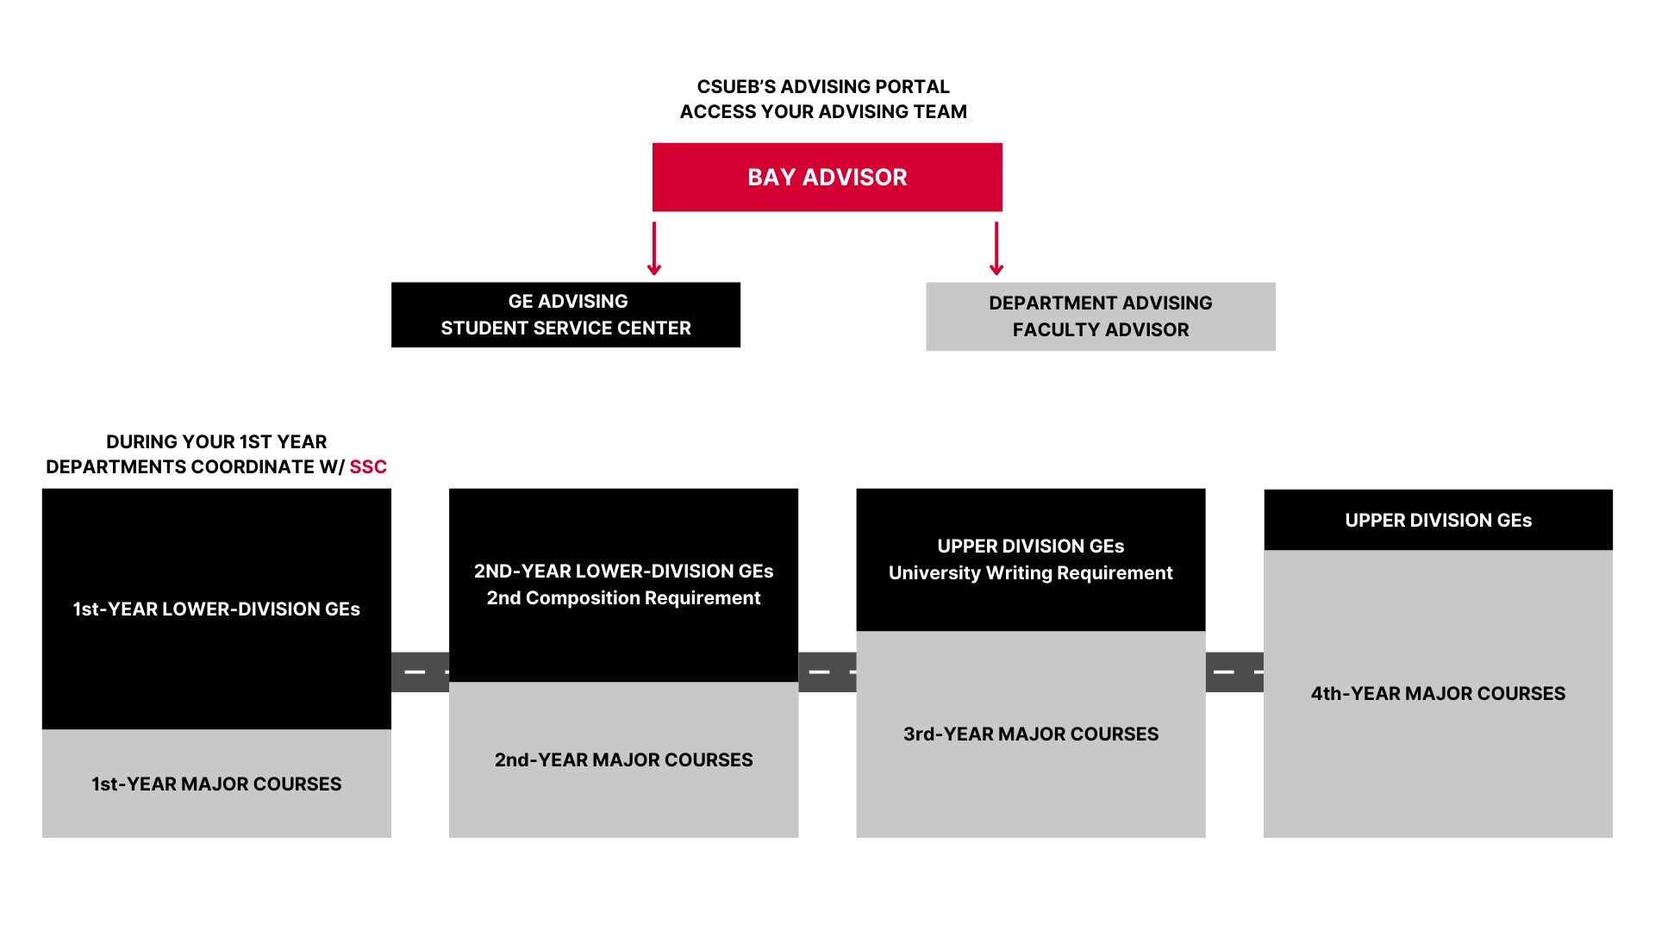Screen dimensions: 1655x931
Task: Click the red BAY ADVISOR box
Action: tap(827, 177)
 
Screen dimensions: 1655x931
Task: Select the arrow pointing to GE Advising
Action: tap(654, 248)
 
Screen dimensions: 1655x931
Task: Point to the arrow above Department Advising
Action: tap(996, 248)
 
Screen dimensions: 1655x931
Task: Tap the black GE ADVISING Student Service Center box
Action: tap(565, 315)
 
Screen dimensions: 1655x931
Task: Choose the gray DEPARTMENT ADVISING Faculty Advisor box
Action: tap(1101, 316)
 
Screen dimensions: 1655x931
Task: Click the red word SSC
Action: tap(368, 467)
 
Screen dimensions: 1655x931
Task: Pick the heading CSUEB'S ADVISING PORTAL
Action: tap(823, 87)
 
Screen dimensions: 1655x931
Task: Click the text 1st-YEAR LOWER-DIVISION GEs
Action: tap(216, 609)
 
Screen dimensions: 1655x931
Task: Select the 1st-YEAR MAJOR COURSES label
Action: tap(216, 784)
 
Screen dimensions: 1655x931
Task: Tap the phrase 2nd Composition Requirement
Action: tap(623, 598)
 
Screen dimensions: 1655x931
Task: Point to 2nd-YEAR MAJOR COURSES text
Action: tap(623, 760)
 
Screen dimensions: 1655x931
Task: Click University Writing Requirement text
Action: tap(1031, 573)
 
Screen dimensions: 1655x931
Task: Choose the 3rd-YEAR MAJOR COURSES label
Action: tap(1031, 734)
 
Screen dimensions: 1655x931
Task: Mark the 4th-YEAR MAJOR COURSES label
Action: tap(1438, 694)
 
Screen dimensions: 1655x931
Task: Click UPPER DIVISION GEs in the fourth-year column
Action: tap(1438, 521)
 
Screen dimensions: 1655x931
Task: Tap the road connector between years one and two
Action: tap(420, 672)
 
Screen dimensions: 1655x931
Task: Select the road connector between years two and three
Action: tap(827, 672)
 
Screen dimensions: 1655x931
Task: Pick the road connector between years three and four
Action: tap(1234, 672)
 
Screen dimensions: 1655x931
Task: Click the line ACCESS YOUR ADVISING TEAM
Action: tap(823, 112)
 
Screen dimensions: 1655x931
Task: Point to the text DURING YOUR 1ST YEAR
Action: tap(216, 442)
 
